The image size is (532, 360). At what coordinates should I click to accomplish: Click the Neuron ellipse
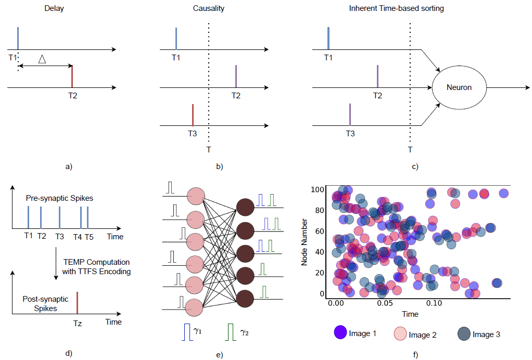459,87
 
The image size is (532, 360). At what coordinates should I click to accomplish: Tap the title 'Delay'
54,8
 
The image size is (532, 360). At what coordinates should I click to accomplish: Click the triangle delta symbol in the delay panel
43,60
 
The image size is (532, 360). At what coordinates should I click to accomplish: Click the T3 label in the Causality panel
193,133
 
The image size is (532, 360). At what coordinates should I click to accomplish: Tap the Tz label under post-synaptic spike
78,322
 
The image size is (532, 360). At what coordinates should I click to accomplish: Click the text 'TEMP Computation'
96,262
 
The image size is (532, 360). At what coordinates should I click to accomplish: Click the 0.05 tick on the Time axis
385,303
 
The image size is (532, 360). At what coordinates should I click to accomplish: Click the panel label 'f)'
414,355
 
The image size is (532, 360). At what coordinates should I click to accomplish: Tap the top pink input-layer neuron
196,197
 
